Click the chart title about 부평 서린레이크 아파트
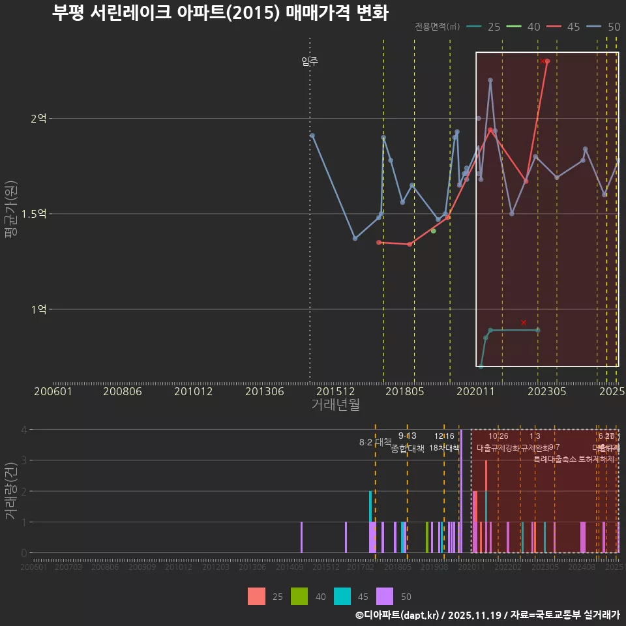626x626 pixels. [220, 13]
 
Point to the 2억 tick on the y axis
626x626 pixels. [38, 119]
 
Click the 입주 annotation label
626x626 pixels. [310, 62]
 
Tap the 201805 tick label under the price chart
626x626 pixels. [405, 391]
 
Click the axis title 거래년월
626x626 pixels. [335, 404]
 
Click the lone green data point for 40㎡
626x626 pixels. [433, 231]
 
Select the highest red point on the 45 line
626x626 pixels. [548, 61]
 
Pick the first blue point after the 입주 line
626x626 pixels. [312, 136]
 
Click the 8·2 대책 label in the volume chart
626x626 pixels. [375, 442]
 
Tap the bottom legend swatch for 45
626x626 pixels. [342, 596]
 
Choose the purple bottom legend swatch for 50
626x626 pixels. [385, 596]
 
